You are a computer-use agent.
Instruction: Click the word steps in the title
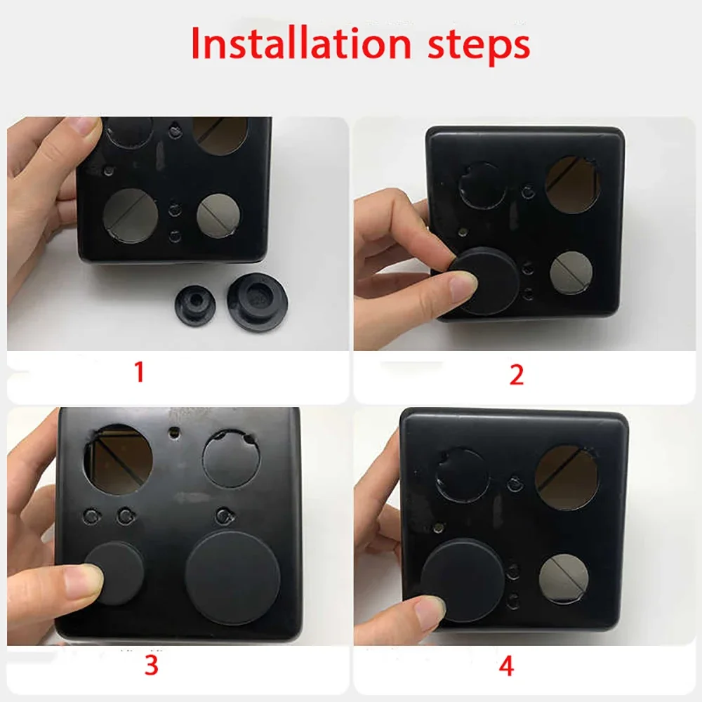(479, 46)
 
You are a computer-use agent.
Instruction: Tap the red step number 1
(140, 371)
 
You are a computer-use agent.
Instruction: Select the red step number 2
(517, 375)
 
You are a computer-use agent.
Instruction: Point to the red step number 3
(152, 665)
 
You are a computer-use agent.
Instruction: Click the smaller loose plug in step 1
(195, 304)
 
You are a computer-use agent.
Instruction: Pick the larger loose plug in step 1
(257, 302)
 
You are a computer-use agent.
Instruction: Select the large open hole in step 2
(573, 184)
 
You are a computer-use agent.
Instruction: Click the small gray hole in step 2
(571, 272)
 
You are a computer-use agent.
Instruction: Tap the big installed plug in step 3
(233, 578)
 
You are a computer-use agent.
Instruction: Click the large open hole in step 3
(118, 460)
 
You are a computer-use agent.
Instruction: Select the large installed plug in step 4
(463, 581)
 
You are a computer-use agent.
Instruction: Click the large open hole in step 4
(567, 477)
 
